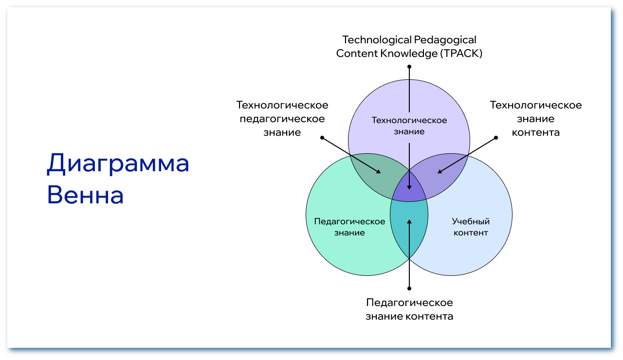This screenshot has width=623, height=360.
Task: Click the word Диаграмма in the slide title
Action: click(x=118, y=164)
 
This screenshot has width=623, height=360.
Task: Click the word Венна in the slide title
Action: click(x=85, y=195)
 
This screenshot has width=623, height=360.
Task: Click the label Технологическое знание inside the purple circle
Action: click(x=409, y=126)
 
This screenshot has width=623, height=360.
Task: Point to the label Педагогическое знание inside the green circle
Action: click(x=349, y=227)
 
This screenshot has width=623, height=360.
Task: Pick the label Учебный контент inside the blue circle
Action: click(x=471, y=227)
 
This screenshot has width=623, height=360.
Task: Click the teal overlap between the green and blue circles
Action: click(x=409, y=229)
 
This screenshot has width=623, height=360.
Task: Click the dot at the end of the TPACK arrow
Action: click(x=409, y=66)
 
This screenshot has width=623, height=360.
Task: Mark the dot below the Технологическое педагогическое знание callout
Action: click(x=322, y=138)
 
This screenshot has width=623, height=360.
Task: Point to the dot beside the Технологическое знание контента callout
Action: click(x=496, y=138)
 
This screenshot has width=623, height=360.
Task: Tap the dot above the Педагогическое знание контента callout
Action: click(x=409, y=288)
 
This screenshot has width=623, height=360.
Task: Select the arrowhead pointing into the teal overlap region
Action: click(x=409, y=222)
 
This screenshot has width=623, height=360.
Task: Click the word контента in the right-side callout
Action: click(x=535, y=132)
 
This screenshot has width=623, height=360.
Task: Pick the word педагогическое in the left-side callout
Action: click(x=282, y=119)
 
